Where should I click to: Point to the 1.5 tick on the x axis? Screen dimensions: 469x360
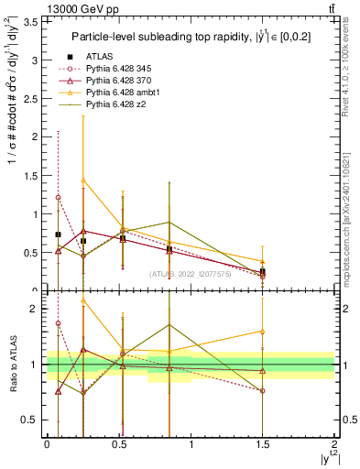pyautogui.click(x=263, y=445)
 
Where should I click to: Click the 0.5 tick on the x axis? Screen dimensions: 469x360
pyautogui.click(x=119, y=445)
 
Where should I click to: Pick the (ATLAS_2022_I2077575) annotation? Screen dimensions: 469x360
pyautogui.click(x=191, y=273)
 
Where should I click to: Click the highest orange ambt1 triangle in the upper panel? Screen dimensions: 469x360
pyautogui.click(x=83, y=180)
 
